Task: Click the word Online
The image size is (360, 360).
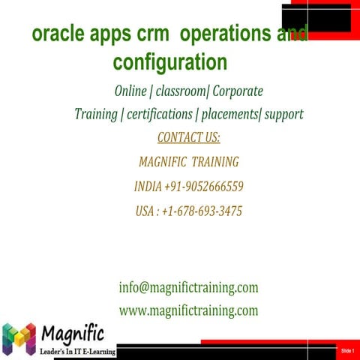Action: point(130,91)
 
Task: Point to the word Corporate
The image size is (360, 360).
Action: point(238,91)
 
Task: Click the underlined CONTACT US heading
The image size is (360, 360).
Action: point(188,138)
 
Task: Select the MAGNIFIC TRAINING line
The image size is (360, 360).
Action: point(189,162)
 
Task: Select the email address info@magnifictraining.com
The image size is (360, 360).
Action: point(188,287)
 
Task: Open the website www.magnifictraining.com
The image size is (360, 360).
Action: point(188,310)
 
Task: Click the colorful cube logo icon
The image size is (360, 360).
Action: point(19,339)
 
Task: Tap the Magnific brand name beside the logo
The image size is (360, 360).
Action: point(73,332)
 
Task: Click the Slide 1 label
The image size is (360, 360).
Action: point(346,351)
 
